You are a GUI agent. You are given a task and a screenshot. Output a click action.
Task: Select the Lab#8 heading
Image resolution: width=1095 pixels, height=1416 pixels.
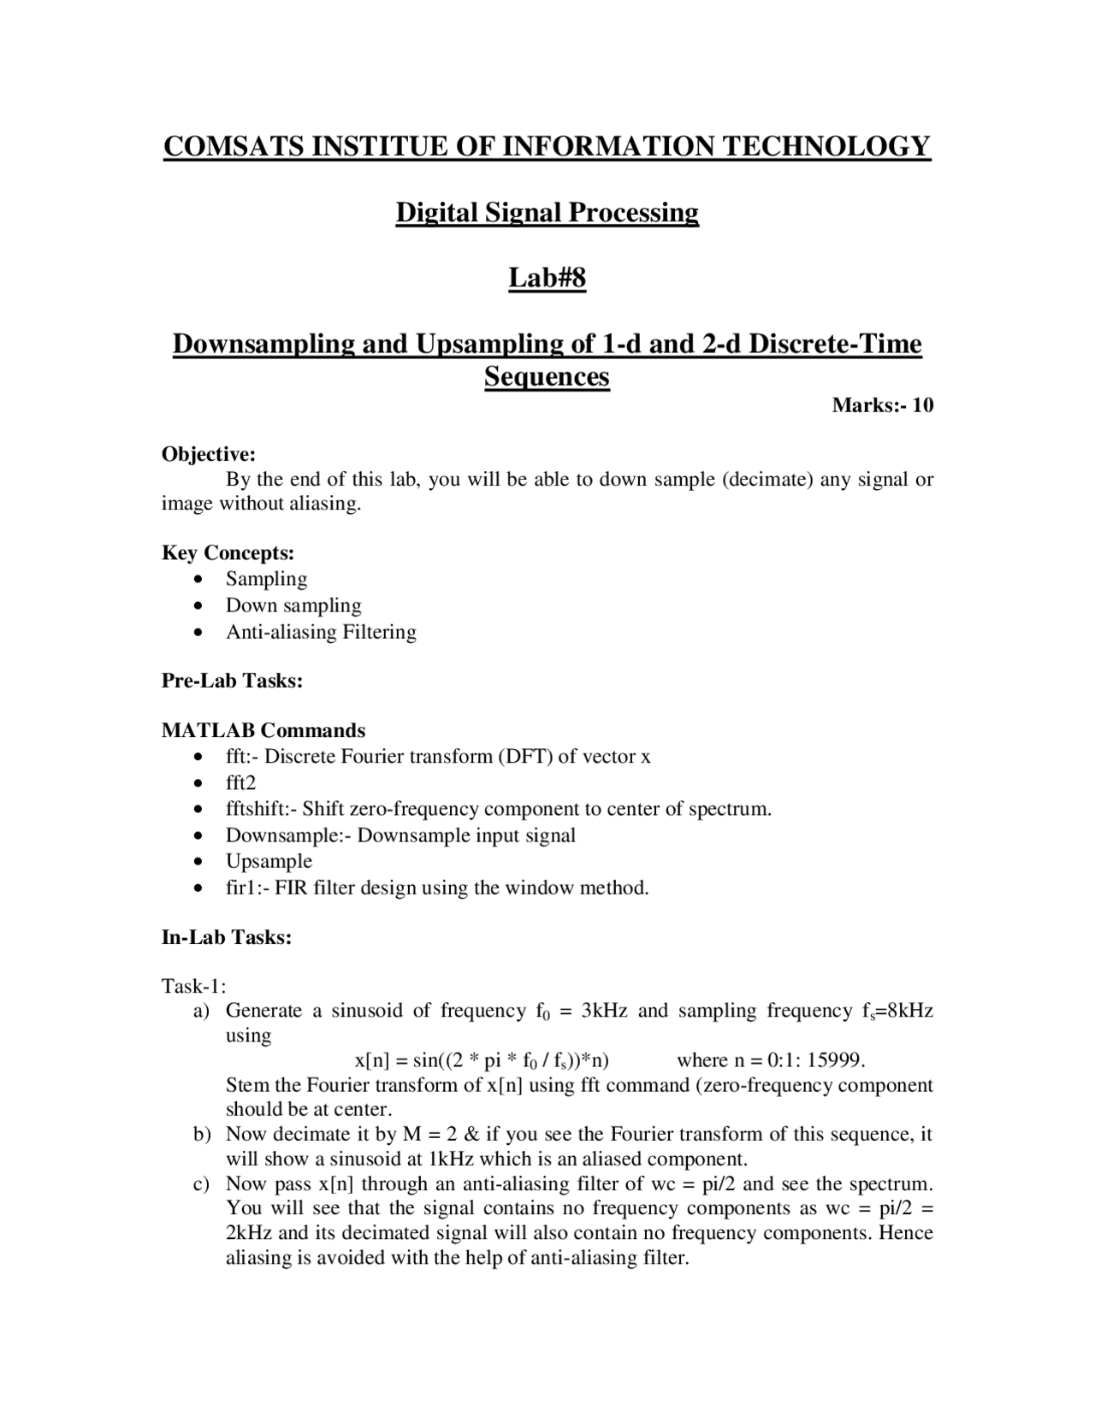(x=547, y=278)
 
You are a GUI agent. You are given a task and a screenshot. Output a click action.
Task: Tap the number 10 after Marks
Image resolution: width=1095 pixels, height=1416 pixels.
(x=922, y=405)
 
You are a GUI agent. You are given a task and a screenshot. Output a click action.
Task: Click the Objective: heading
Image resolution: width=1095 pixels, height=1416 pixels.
(x=209, y=454)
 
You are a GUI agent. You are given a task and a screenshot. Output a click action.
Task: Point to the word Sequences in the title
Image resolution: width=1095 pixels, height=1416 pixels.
(x=547, y=376)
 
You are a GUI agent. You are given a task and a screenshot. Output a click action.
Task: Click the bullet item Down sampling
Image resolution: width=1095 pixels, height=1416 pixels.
(x=293, y=605)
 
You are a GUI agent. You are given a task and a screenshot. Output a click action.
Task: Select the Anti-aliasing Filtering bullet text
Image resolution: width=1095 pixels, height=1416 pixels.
(x=321, y=632)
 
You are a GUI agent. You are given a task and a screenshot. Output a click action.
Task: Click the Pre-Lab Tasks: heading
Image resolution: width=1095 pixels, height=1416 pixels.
(x=232, y=681)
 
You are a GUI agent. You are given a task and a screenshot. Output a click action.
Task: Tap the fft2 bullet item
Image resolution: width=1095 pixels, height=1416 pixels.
(x=240, y=782)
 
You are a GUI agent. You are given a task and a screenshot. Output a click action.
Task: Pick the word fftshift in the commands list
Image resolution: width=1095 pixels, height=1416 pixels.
(x=256, y=809)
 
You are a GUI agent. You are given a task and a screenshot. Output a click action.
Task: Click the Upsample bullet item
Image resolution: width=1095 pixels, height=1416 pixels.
(x=269, y=861)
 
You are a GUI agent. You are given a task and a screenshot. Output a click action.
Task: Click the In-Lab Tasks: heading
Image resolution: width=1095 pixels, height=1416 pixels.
(x=227, y=937)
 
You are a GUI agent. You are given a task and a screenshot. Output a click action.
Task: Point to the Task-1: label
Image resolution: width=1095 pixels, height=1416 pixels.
(x=193, y=987)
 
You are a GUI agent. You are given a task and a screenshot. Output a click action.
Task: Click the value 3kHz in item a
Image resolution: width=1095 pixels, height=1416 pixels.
(x=604, y=1011)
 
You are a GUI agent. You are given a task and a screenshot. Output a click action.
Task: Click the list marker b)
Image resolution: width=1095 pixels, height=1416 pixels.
(x=202, y=1135)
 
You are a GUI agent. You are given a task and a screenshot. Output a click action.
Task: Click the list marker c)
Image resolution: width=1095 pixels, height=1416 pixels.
(x=202, y=1184)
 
